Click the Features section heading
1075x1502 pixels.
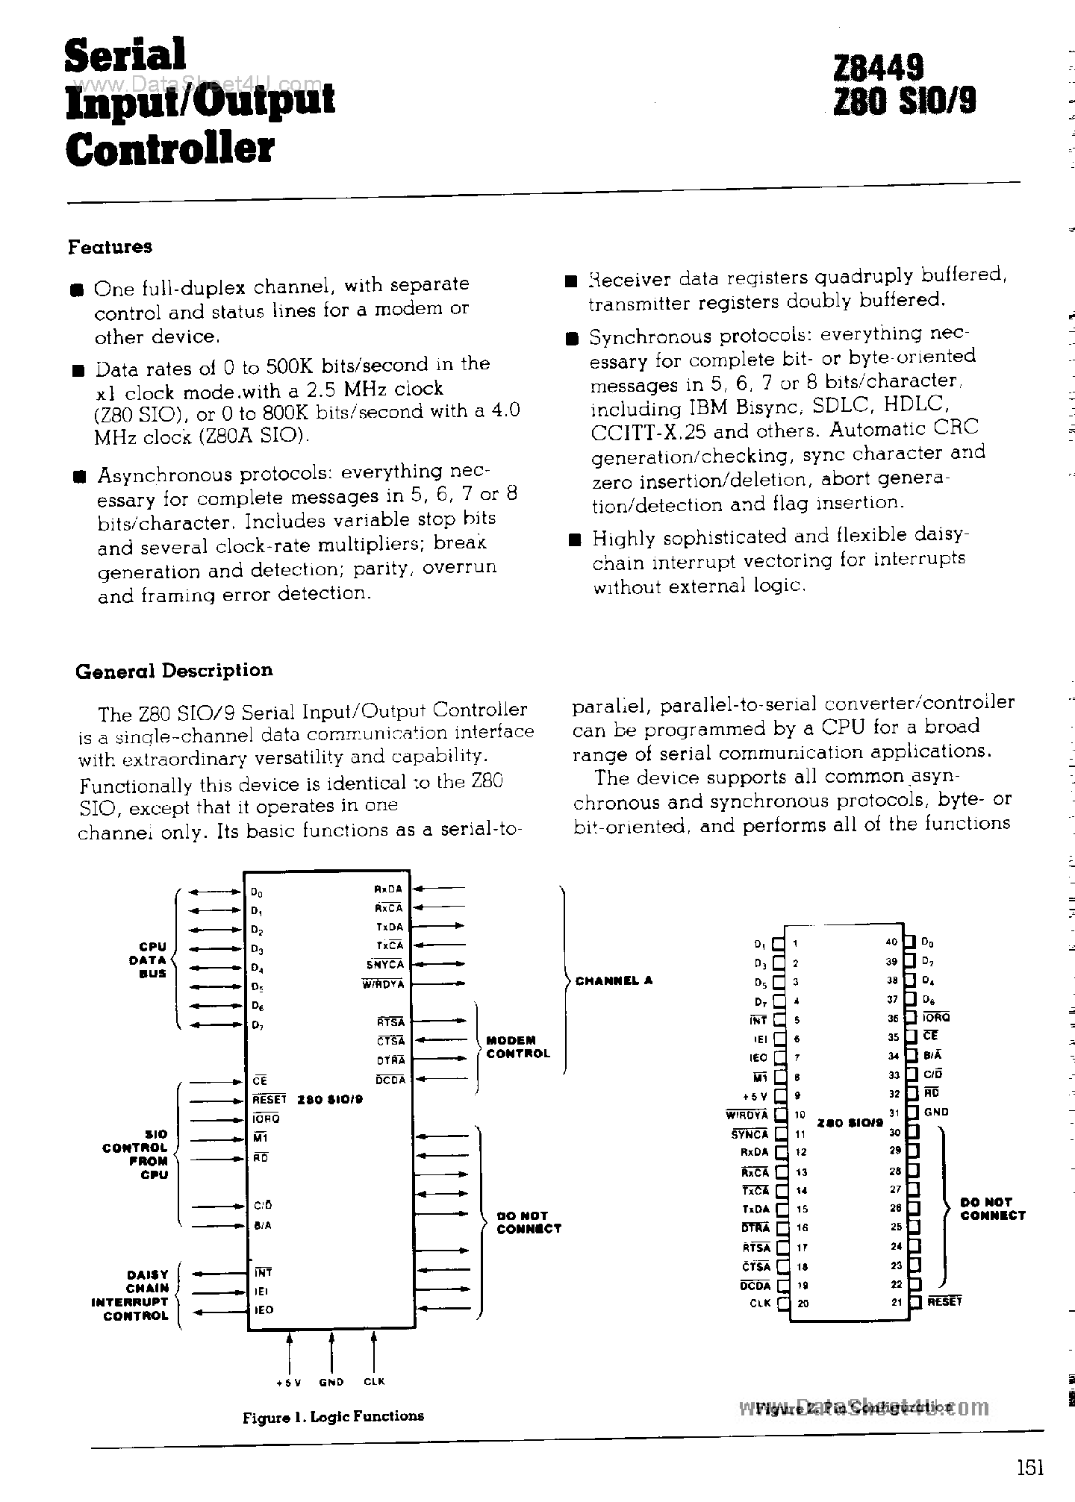110,247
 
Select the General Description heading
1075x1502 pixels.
174,671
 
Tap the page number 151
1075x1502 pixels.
1029,1468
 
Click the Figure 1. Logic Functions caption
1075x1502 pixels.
333,1416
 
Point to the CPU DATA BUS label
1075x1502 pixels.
147,960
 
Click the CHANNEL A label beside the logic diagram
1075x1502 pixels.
614,980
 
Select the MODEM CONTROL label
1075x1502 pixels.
517,1047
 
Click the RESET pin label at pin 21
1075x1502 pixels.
944,1302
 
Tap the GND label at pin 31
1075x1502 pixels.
935,1112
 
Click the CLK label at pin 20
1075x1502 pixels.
759,1304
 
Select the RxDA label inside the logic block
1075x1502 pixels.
388,889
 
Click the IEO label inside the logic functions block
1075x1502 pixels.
264,1310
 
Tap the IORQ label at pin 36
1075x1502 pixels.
937,1018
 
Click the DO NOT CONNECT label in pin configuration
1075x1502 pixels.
992,1209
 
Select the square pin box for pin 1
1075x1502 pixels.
779,944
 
